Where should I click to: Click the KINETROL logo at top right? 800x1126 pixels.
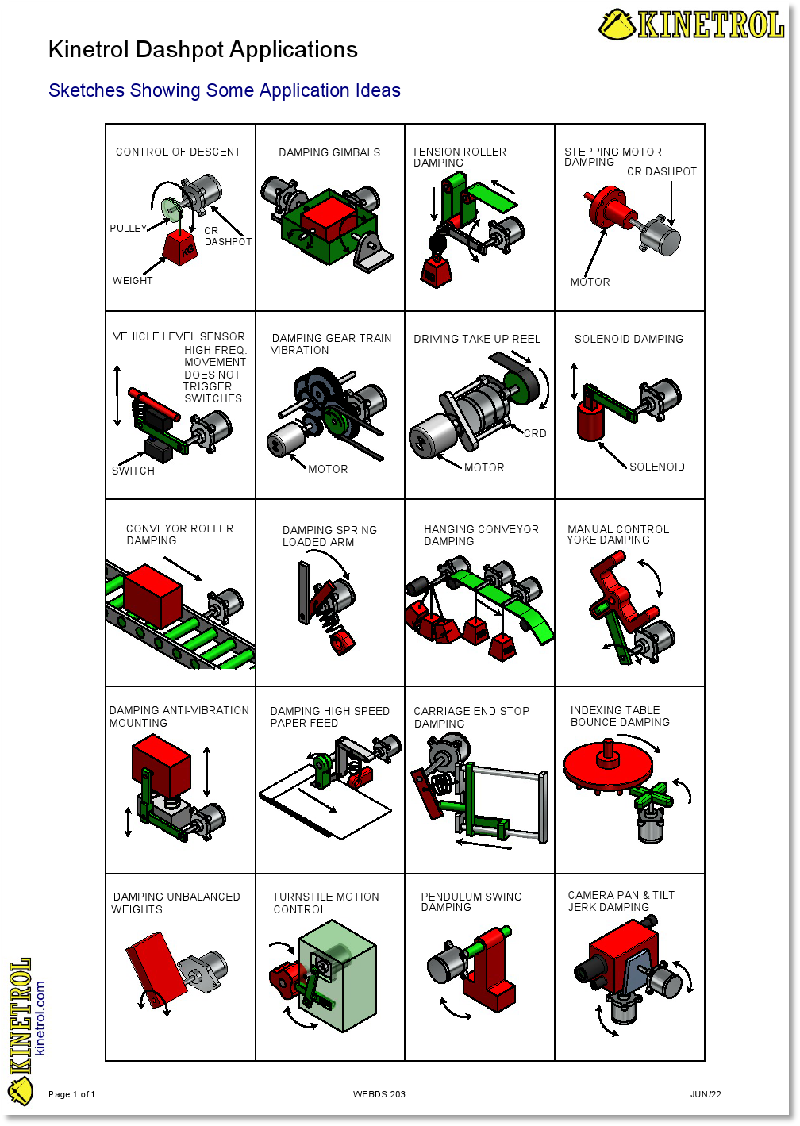pos(691,25)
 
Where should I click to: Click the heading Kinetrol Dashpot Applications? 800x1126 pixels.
pos(202,50)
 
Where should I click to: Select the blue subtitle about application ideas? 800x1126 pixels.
pos(224,90)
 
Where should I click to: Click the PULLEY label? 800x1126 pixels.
pos(128,228)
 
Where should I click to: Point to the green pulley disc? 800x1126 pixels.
pos(171,209)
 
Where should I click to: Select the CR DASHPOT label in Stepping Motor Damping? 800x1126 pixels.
pos(661,171)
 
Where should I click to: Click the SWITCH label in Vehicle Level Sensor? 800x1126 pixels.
pos(133,471)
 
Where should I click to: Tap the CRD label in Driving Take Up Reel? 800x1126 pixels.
pos(534,433)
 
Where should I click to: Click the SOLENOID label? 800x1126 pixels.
pos(656,467)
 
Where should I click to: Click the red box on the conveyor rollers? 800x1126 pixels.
pos(153,595)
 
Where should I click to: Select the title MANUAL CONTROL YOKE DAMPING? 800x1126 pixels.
pos(617,534)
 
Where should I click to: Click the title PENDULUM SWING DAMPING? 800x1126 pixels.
pos(471,901)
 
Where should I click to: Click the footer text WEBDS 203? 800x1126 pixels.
pos(379,1094)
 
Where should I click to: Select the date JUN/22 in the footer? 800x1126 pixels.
pos(705,1094)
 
